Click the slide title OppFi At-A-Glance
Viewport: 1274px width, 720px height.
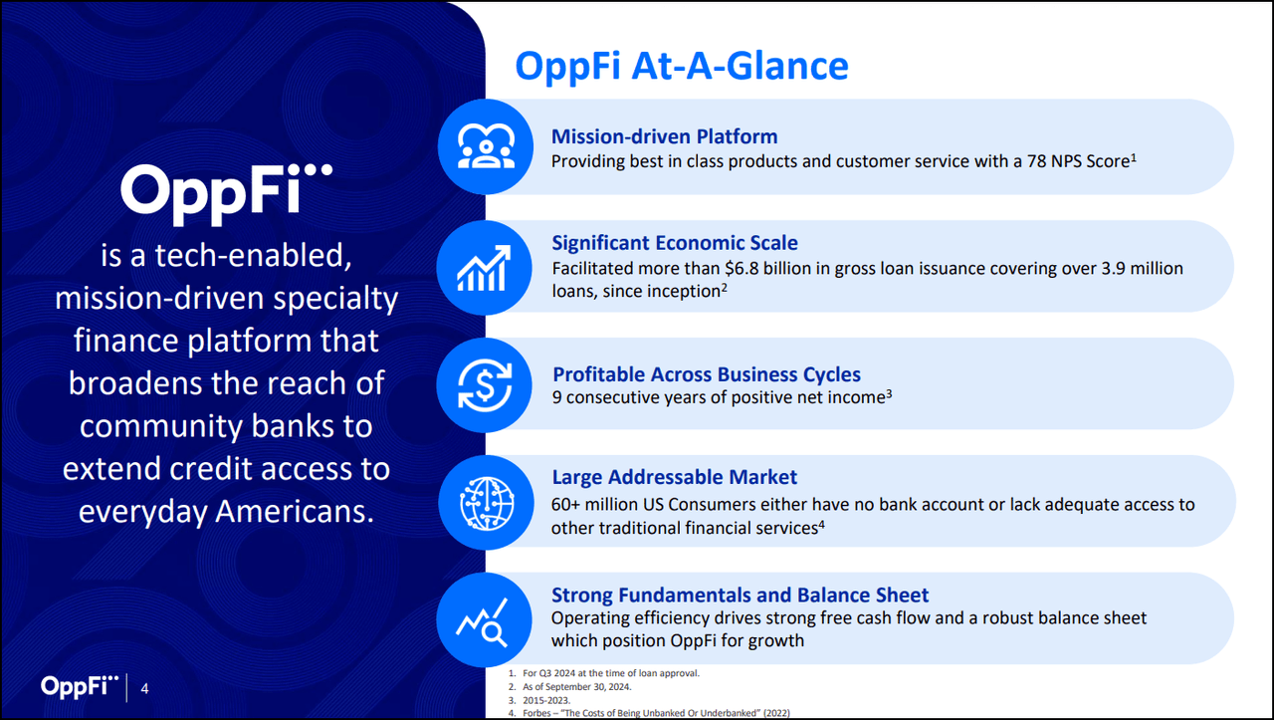(x=681, y=66)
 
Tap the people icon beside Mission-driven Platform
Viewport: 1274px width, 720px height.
(x=486, y=146)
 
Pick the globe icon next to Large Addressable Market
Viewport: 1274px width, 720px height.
(x=486, y=502)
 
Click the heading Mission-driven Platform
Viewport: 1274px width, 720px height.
(x=664, y=136)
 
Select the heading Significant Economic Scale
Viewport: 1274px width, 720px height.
(x=674, y=243)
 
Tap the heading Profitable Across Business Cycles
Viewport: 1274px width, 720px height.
(x=707, y=374)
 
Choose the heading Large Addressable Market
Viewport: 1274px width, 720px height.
(x=674, y=478)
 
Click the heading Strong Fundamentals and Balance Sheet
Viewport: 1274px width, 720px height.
(x=740, y=596)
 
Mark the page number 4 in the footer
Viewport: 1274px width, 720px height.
(x=145, y=688)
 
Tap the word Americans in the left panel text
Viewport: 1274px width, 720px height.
(x=291, y=511)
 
